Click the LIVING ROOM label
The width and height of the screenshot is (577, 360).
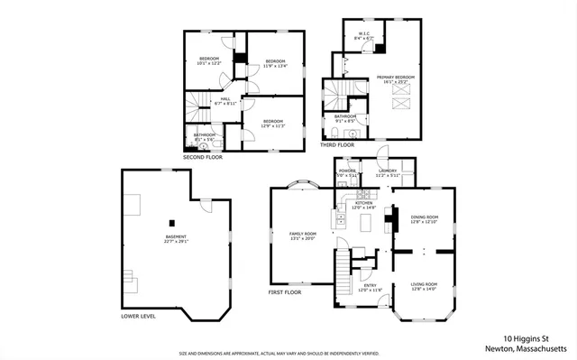coord(424,287)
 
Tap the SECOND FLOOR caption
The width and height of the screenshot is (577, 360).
coord(202,157)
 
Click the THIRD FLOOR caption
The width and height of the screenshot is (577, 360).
coord(337,144)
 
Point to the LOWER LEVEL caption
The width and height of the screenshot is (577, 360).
coord(138,317)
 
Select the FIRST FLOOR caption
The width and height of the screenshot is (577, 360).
coord(286,292)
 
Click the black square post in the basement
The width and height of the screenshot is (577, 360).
coord(170,221)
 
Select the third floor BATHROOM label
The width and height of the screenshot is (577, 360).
coord(345,117)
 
